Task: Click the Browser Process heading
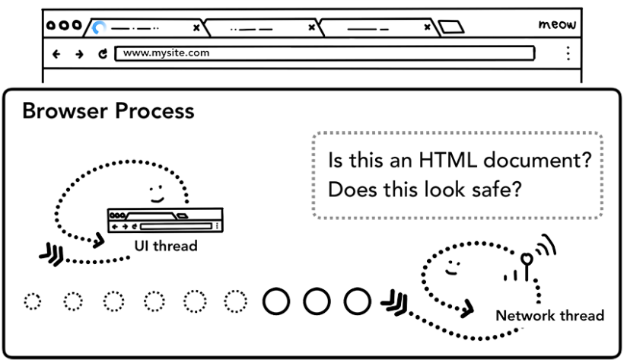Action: pos(108,112)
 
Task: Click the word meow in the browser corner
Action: pos(557,25)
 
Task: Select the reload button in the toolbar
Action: pos(102,55)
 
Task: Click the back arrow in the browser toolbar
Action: pos(56,55)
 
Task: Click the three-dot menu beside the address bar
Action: pos(567,54)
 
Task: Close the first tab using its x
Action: pos(196,28)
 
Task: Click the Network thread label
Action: pos(550,315)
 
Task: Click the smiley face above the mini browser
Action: pos(157,190)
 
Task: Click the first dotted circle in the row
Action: pos(32,301)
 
